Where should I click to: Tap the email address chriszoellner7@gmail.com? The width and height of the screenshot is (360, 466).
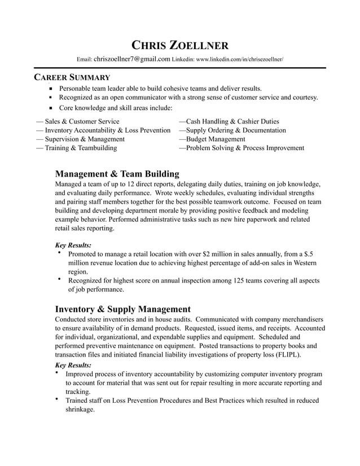click(132, 59)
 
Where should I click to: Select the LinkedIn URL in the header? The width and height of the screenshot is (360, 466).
click(239, 59)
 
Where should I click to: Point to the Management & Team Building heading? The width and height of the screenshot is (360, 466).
click(117, 174)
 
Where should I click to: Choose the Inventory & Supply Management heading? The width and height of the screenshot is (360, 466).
click(122, 309)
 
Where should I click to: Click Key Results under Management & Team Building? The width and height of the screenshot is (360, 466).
click(73, 245)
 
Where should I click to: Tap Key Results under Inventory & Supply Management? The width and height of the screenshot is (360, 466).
click(73, 365)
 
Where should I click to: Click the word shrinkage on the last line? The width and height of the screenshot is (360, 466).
click(80, 410)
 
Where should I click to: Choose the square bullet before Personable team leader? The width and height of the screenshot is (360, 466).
click(50, 89)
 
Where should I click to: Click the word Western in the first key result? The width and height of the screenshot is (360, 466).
click(304, 263)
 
